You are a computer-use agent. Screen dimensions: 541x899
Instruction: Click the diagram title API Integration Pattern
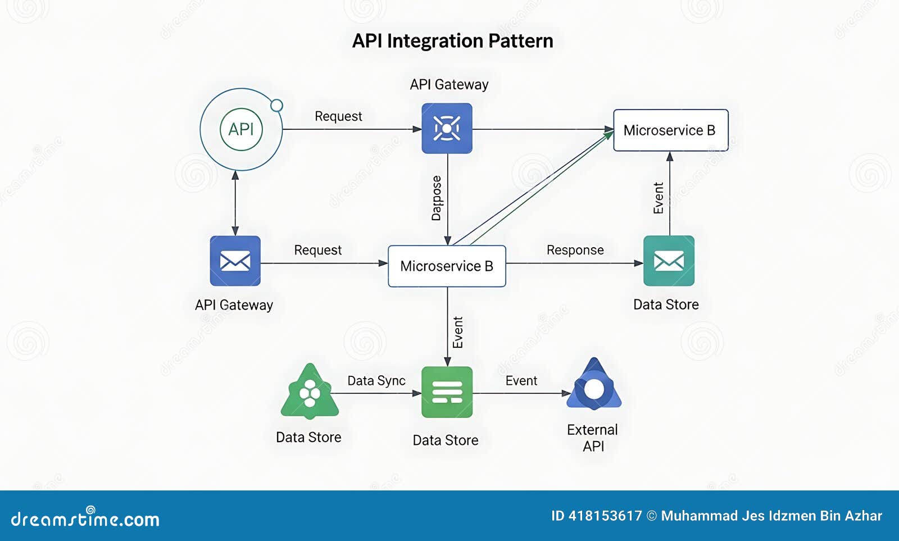(452, 41)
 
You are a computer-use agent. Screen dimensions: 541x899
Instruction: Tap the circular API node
(241, 129)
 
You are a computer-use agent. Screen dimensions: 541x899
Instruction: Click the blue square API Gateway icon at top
(447, 128)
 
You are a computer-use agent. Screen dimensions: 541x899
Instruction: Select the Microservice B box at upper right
(670, 130)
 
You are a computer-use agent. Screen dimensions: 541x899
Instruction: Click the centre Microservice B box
(447, 266)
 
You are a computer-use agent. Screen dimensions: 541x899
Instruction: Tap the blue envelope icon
(235, 261)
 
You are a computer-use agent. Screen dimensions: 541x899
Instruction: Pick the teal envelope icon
(669, 261)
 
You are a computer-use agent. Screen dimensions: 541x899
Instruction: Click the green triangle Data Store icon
(310, 393)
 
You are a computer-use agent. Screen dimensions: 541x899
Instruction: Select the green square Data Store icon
(447, 392)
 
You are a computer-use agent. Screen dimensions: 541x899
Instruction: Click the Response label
(575, 250)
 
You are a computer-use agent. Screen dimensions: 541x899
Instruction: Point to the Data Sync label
(376, 380)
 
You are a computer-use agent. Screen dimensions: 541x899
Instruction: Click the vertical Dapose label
(437, 198)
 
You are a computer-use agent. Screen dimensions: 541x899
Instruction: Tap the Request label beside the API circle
(338, 116)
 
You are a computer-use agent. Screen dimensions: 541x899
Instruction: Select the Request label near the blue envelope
(317, 250)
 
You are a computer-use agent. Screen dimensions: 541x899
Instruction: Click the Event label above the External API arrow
(521, 380)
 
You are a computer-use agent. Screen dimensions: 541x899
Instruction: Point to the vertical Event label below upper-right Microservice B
(659, 198)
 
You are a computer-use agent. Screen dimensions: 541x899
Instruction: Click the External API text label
(592, 438)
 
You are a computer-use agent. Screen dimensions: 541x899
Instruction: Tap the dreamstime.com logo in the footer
(85, 518)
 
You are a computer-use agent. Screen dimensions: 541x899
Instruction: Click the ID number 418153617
(605, 516)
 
